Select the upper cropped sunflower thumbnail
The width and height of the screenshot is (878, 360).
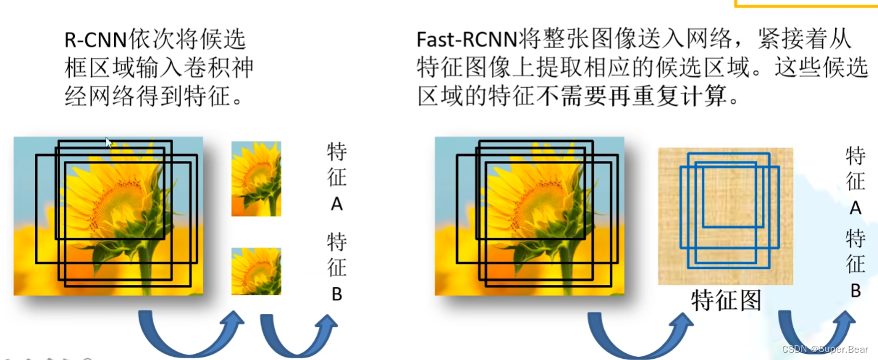(x=256, y=179)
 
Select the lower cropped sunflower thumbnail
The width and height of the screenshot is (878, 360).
(x=256, y=272)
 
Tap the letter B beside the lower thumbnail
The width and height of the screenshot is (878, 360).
(x=336, y=295)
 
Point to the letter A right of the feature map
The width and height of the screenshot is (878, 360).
(x=855, y=209)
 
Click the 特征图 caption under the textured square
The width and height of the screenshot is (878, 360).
(x=726, y=300)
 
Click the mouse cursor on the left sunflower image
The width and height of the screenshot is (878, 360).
(x=109, y=143)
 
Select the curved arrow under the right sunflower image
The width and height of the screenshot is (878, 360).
(x=639, y=335)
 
